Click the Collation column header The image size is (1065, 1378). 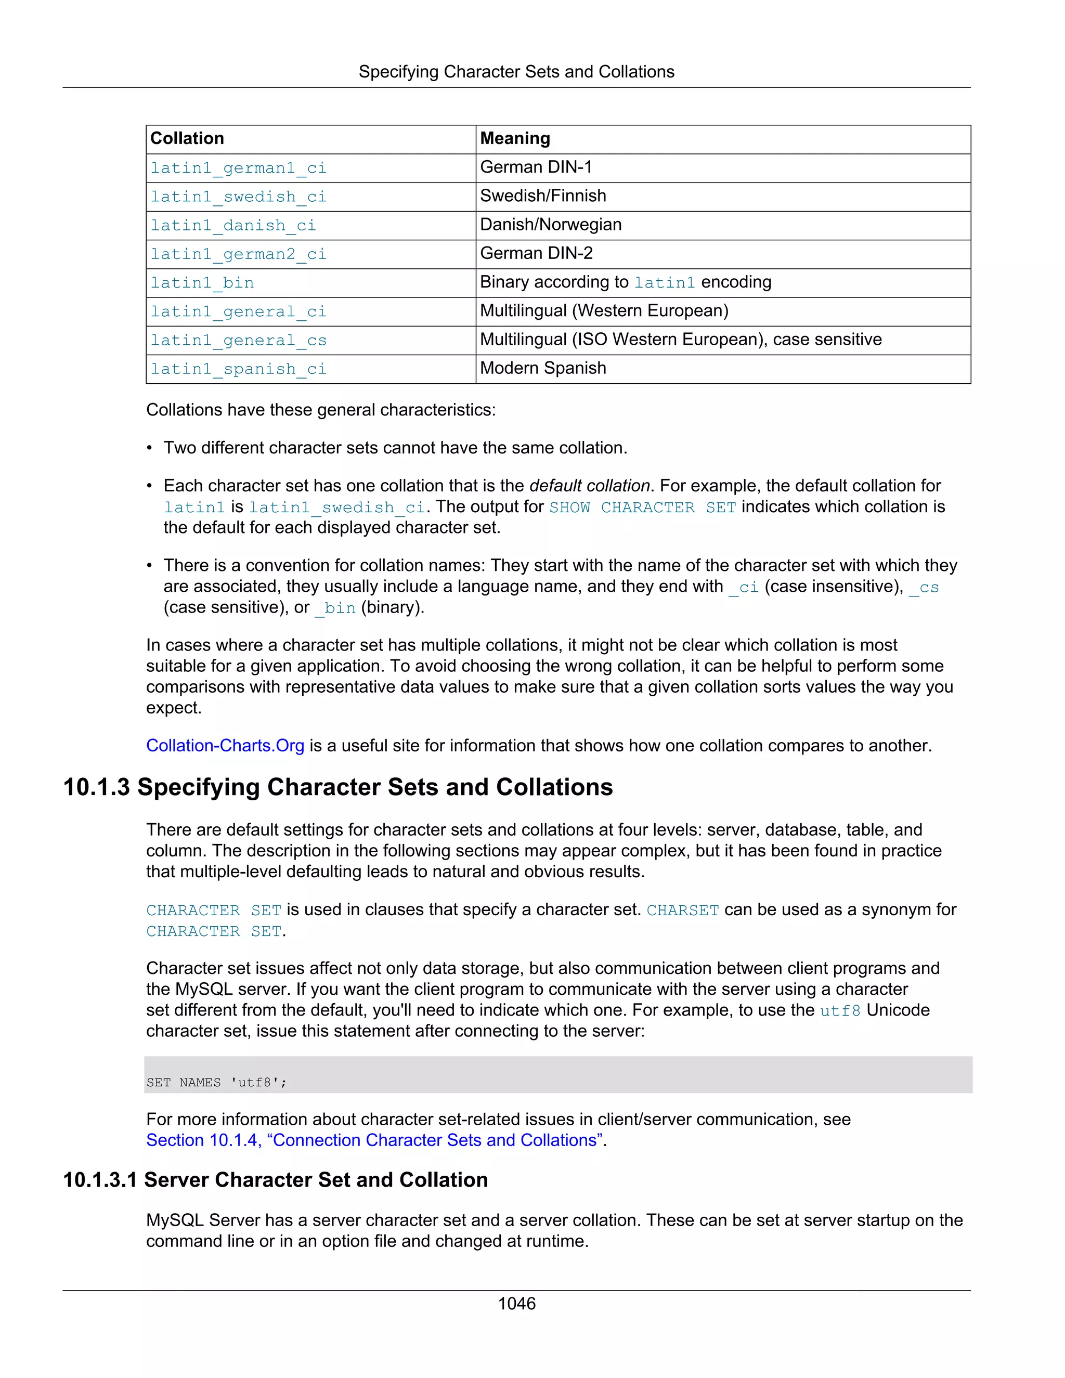point(187,139)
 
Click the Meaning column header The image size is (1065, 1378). point(515,139)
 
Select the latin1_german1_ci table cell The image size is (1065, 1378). point(239,168)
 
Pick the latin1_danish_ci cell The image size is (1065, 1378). point(233,226)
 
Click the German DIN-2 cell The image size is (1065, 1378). point(536,254)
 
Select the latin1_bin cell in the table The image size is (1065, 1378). point(202,283)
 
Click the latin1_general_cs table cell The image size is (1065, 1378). point(239,341)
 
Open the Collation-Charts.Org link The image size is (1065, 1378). point(225,746)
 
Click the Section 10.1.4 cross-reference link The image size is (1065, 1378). point(375,1141)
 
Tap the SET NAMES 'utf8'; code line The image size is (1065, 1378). point(216,1083)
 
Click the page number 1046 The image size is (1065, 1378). point(517,1304)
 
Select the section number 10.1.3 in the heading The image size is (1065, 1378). point(97,787)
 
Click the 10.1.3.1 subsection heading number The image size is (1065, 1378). point(100,1180)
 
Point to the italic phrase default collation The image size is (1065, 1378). point(589,486)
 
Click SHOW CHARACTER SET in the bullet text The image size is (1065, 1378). point(642,508)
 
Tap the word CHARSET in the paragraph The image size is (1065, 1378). point(683,911)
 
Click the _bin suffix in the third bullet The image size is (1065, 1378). point(335,608)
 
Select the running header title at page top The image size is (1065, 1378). point(516,72)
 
